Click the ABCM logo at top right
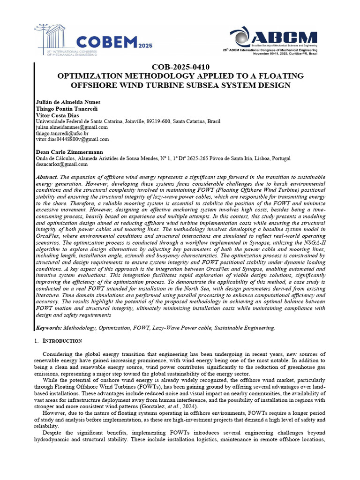coord(273,40)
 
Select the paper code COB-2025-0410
coord(180,67)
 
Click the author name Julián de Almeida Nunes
coord(67,102)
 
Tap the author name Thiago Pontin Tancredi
coord(66,109)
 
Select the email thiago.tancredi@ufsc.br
coord(62,133)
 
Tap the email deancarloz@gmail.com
coord(61,165)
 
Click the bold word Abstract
coord(47,177)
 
